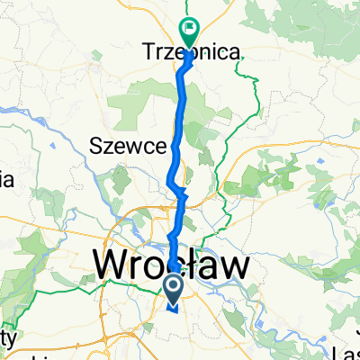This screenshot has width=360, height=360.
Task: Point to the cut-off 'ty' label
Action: pyautogui.click(x=7, y=339)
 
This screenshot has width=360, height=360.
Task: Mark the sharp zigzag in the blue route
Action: pyautogui.click(x=180, y=191)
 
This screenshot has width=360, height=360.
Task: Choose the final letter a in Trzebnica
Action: pyautogui.click(x=234, y=54)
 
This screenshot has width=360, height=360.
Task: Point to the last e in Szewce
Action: pyautogui.click(x=162, y=145)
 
